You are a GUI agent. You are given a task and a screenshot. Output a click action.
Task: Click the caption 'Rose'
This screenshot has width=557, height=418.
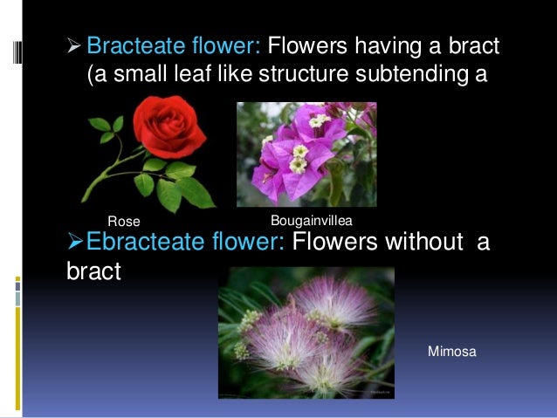pos(123,220)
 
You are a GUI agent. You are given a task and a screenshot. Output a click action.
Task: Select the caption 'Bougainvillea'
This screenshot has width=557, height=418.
pos(311,219)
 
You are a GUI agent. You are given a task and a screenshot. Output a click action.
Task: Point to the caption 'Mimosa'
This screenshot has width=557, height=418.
pos(451,352)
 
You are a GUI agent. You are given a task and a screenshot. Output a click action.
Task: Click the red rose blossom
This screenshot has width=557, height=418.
pos(169,128)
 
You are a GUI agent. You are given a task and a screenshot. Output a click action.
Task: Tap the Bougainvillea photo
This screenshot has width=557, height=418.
pos(306,154)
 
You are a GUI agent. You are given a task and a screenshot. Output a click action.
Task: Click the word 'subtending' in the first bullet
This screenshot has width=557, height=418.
pos(409,75)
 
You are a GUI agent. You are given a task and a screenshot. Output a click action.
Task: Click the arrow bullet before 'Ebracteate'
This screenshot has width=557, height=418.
pos(74,241)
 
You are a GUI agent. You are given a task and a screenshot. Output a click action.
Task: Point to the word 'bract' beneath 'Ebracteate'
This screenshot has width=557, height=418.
pos(93,271)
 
